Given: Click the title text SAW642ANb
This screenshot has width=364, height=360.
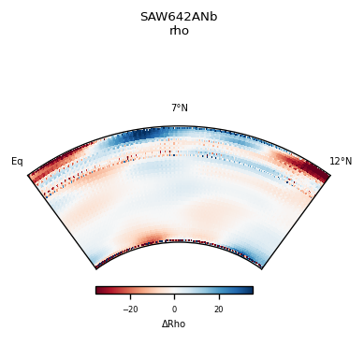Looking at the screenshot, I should click(x=179, y=17).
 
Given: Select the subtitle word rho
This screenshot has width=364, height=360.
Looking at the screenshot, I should click(x=179, y=31).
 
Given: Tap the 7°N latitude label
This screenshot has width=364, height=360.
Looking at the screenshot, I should click(x=179, y=108).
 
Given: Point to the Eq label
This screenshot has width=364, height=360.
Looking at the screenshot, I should click(x=17, y=162).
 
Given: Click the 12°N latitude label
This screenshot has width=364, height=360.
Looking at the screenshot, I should click(x=341, y=162).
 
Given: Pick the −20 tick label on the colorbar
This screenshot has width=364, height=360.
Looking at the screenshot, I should click(x=130, y=310).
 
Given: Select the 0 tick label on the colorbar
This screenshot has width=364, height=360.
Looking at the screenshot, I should click(x=174, y=310).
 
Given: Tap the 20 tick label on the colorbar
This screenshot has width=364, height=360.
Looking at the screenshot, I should click(x=218, y=310).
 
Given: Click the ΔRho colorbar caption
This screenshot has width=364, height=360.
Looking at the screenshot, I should click(x=174, y=324).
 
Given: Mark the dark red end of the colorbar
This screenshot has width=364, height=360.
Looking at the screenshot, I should click(x=98, y=290).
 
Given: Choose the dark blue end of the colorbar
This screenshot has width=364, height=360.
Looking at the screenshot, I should click(x=250, y=290).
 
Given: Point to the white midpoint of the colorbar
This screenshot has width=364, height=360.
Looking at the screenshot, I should click(x=174, y=290).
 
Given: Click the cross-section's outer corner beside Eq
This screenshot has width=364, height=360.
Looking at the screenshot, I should click(x=29, y=175).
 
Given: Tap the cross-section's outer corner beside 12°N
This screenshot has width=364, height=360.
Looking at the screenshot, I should click(x=330, y=175).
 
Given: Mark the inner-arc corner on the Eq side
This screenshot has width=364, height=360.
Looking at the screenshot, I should click(x=96, y=268).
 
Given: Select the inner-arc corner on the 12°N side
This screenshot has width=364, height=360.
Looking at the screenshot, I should click(x=262, y=268).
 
